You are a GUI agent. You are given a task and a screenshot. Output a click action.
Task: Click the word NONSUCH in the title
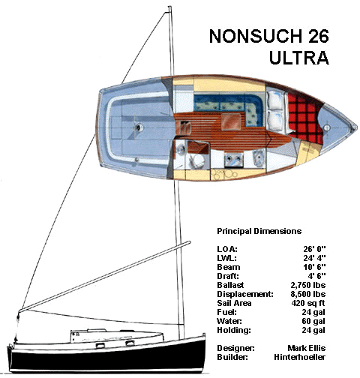click(x=256, y=36)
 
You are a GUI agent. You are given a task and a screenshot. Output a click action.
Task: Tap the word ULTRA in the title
click(x=299, y=58)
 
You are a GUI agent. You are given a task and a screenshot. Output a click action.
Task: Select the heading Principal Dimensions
click(x=259, y=231)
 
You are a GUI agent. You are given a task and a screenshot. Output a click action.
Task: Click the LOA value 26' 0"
click(x=314, y=249)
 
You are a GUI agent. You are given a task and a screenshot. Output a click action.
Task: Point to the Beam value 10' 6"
click(x=314, y=267)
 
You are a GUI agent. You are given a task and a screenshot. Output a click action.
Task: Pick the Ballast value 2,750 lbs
click(x=308, y=285)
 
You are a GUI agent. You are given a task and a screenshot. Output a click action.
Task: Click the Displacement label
click(x=245, y=294)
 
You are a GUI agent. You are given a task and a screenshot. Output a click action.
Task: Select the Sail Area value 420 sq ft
click(x=308, y=303)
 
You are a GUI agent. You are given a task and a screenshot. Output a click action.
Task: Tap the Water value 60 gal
click(x=313, y=321)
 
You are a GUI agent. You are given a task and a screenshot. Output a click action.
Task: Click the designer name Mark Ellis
click(x=307, y=348)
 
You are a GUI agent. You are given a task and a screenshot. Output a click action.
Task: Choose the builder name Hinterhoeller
click(x=299, y=357)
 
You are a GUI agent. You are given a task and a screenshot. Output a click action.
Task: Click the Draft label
click(x=228, y=276)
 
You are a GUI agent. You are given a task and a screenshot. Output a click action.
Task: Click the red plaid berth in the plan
click(x=303, y=117)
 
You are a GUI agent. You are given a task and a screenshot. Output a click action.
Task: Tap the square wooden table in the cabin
click(x=231, y=121)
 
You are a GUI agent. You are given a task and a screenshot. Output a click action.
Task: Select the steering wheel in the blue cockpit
click(x=139, y=127)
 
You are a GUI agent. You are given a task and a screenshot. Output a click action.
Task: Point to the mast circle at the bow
click(x=326, y=127)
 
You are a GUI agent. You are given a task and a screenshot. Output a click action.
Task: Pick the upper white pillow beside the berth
click(x=274, y=100)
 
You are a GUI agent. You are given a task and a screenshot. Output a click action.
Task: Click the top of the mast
click(x=169, y=7)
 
